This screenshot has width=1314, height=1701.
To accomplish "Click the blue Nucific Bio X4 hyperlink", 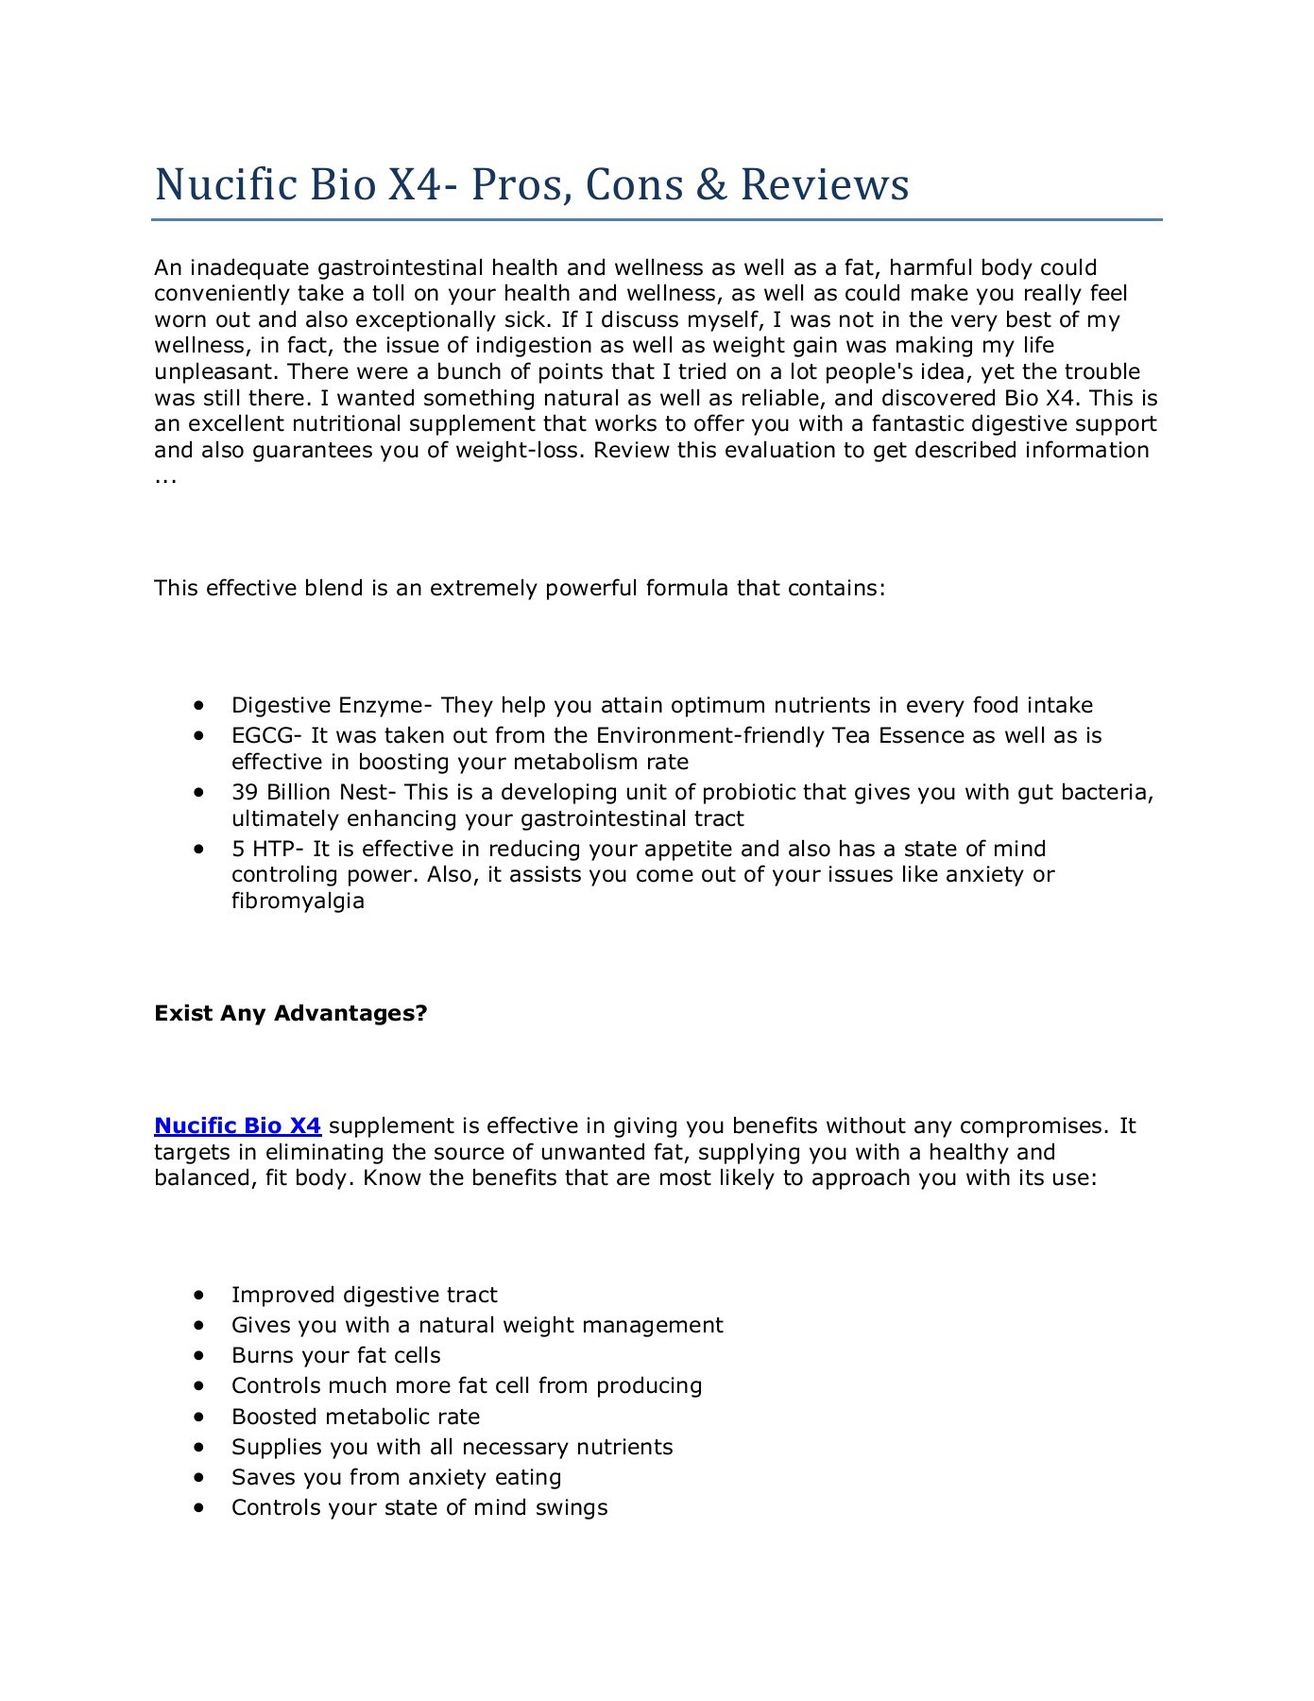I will pos(237,1125).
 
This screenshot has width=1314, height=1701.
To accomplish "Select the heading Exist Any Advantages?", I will pos(291,1013).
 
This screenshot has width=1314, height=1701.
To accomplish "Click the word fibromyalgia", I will pos(298,901).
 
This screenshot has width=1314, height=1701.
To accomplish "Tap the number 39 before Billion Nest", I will pos(244,792).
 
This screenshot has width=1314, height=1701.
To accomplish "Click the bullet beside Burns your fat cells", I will pos(198,1355).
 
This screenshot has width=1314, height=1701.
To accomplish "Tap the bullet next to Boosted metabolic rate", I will pos(198,1417).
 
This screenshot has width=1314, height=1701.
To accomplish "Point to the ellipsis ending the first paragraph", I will pos(165,478).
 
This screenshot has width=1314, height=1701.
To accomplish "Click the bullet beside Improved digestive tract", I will pos(198,1295).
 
